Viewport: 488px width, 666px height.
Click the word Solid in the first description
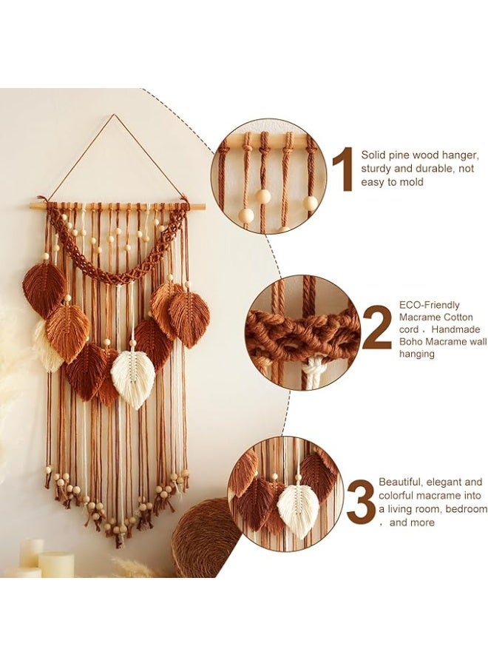point(373,155)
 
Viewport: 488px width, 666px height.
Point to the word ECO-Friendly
point(429,304)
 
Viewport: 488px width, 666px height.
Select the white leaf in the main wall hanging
point(133,378)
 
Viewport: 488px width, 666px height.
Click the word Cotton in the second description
point(458,317)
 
